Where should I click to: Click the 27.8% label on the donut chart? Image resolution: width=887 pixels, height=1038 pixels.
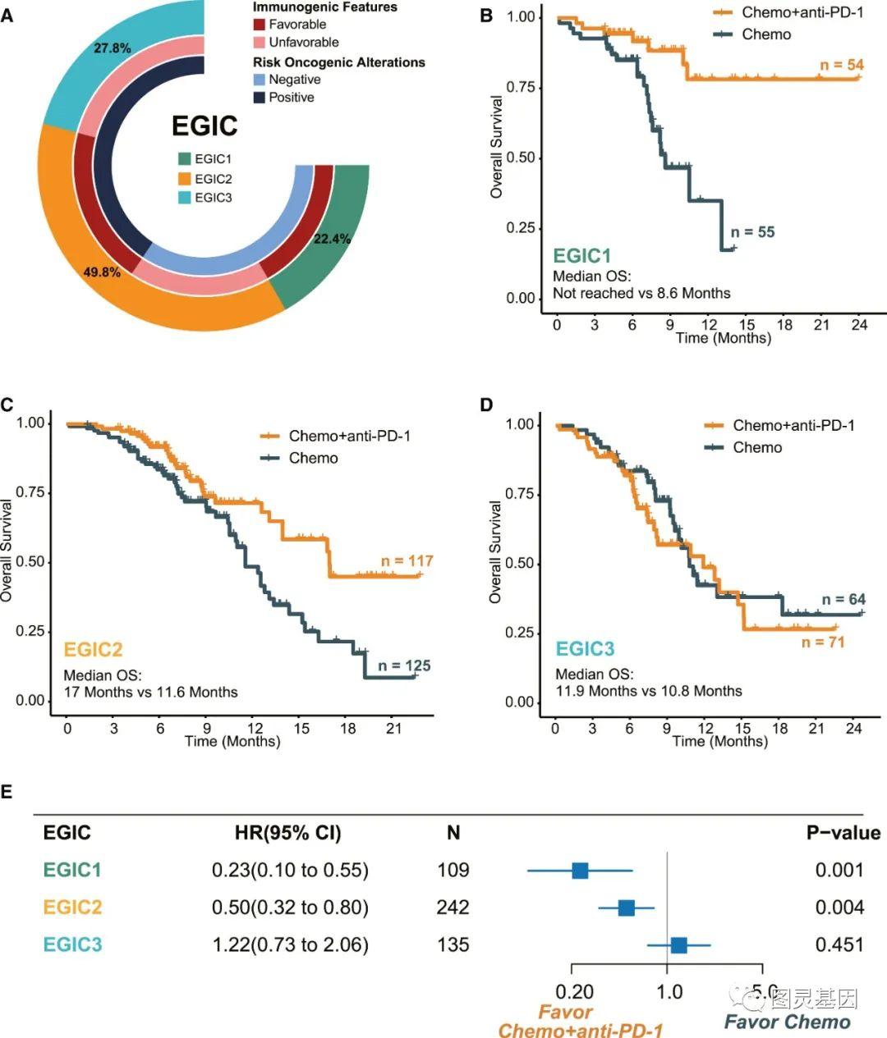[112, 48]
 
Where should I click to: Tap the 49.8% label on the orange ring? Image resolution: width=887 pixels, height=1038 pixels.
[102, 272]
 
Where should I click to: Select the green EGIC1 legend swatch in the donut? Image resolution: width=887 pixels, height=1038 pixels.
[184, 159]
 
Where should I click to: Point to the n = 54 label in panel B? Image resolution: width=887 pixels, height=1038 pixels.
[842, 65]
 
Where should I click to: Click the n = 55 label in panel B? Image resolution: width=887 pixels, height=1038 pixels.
[752, 232]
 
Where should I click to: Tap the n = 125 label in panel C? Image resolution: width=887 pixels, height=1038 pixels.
[404, 665]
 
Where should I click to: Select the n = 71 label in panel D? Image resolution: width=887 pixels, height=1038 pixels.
[823, 642]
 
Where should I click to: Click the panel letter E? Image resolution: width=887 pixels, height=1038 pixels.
[7, 792]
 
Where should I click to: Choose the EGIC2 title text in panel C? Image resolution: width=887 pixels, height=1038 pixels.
[93, 650]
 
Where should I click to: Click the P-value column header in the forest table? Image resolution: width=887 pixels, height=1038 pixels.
[843, 833]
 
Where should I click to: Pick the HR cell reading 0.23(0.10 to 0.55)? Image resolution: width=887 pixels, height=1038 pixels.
[290, 870]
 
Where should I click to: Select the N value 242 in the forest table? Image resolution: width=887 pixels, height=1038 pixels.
[453, 908]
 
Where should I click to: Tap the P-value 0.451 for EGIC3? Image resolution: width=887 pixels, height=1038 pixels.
[839, 944]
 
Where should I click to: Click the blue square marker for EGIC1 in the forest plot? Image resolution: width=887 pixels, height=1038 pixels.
[580, 870]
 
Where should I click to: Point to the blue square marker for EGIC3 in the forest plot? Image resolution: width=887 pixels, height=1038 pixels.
[678, 945]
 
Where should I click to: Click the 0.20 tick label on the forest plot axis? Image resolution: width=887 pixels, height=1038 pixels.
[575, 991]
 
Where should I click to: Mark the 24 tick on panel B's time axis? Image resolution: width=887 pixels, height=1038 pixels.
[859, 325]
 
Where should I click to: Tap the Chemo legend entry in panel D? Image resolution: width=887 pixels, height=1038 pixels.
[756, 447]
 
